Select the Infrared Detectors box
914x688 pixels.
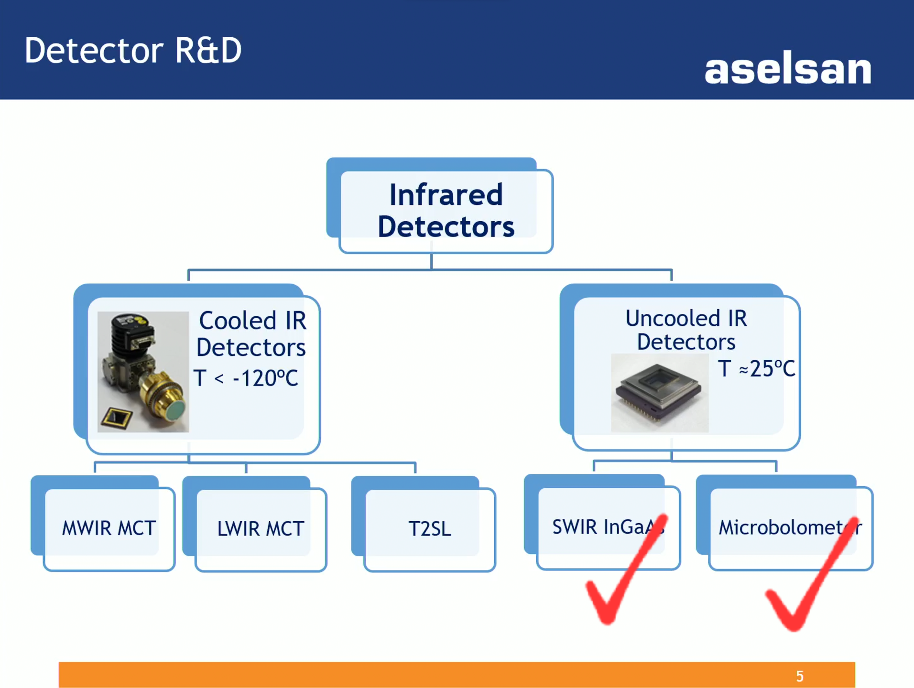click(446, 210)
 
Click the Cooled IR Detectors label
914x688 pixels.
click(251, 333)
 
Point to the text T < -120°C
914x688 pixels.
click(246, 378)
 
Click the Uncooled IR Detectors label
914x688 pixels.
click(686, 330)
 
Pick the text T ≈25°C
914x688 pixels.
click(756, 368)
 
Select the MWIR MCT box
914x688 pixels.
click(109, 528)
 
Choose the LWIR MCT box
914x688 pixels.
click(261, 528)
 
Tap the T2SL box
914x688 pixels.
click(429, 528)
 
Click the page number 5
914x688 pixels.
click(800, 676)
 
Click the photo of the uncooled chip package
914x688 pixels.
click(660, 393)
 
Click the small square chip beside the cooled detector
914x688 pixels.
click(116, 419)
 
